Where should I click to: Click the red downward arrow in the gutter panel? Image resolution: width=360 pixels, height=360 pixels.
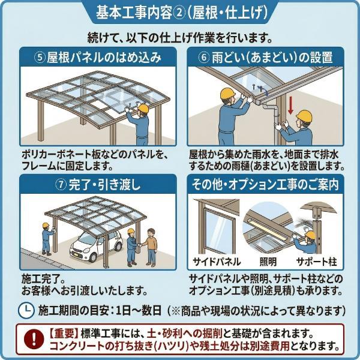290,106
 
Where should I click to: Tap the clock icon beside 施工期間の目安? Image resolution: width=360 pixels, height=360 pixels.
26,310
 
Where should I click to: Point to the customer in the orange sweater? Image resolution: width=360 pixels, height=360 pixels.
150,247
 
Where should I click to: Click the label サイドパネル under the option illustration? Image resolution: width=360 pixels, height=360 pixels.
217,262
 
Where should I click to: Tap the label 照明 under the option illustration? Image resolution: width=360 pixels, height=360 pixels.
268,262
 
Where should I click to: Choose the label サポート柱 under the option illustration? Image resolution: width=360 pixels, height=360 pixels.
316,262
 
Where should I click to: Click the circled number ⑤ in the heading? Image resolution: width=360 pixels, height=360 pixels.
40,58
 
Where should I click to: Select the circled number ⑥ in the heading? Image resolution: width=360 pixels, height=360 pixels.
204,58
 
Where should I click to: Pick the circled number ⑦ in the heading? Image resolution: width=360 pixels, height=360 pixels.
61,185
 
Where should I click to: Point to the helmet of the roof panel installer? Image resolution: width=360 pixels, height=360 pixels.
143,108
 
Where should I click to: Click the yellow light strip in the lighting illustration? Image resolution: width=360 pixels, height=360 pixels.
266,229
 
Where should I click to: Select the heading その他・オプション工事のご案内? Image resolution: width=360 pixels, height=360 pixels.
265,184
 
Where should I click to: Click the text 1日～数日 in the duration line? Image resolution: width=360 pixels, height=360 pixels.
139,310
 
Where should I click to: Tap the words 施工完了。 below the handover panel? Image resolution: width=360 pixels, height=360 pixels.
44,279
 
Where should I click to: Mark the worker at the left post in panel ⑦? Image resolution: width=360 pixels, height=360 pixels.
47,239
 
